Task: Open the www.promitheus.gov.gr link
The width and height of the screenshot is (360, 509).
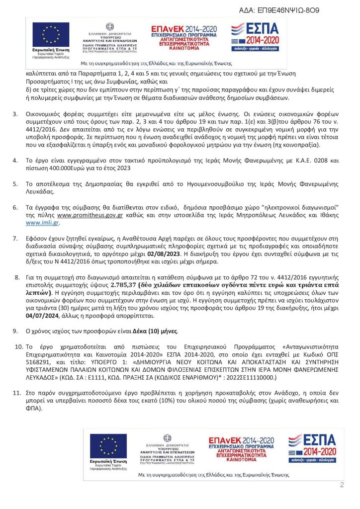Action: point(90,216)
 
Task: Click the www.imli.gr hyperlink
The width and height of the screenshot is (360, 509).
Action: point(40,223)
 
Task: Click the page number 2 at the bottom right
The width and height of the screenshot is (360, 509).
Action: point(342,485)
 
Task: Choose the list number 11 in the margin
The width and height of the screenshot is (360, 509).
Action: point(16,393)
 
